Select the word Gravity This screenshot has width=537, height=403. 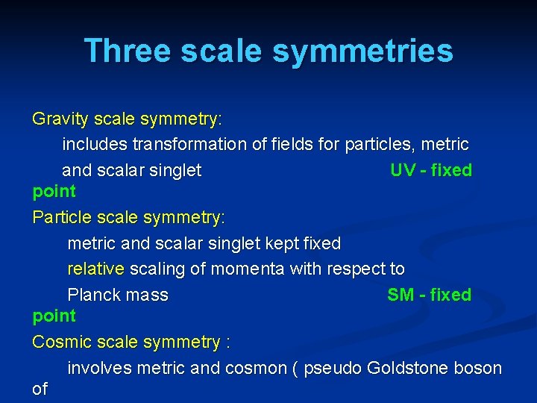[x=58, y=119]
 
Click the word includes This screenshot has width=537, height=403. [x=92, y=144]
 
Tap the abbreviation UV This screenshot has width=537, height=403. [x=403, y=170]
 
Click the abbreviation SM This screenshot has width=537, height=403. [x=401, y=295]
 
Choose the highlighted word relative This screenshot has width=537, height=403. [x=96, y=269]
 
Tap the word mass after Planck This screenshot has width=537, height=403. [x=146, y=295]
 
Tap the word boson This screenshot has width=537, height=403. [x=479, y=368]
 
